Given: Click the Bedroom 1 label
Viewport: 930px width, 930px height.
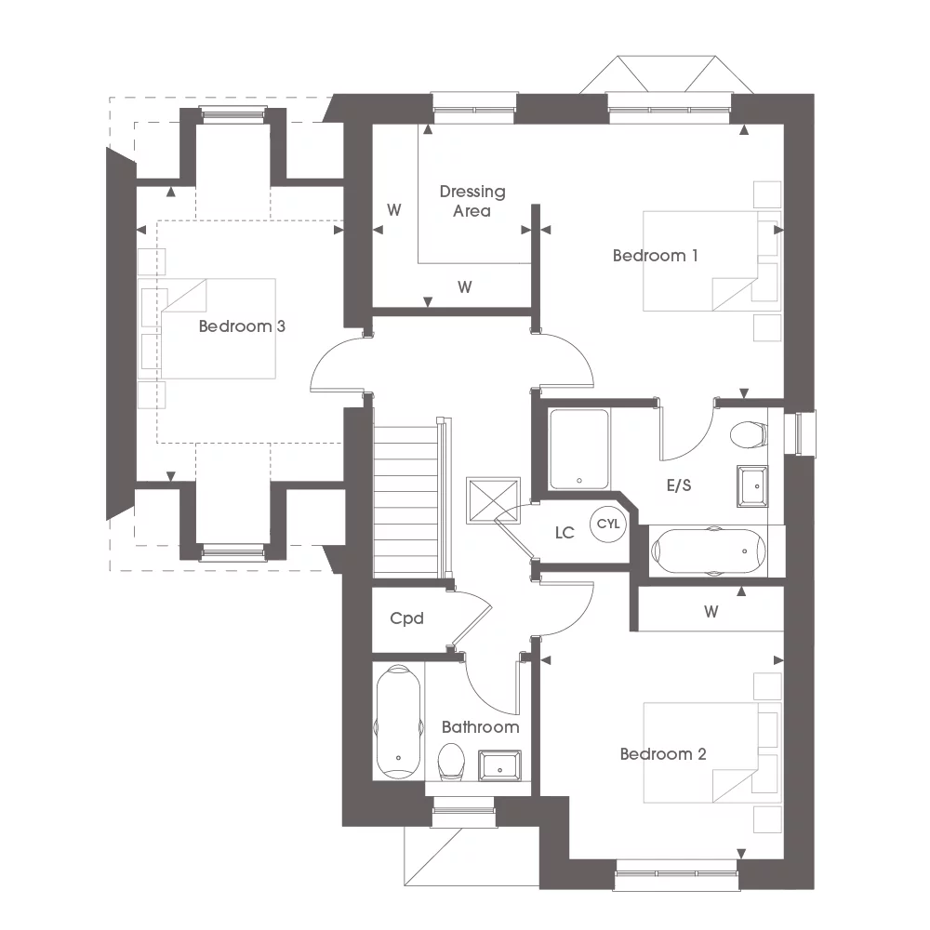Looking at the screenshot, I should point(655,256).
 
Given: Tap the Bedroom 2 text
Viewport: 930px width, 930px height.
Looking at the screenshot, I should point(663,754).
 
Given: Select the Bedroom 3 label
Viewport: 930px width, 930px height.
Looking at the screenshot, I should point(242,327).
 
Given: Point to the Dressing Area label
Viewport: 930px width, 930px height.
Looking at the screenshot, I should point(472,201).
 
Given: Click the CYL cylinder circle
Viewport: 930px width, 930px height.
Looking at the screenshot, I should point(607,525).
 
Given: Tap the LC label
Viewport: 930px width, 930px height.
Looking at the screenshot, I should point(565,533).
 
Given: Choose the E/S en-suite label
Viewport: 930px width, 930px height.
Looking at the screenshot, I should point(679,485).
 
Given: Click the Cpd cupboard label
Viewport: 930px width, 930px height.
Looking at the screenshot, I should point(406,618).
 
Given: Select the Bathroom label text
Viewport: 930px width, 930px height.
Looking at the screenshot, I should point(480,727).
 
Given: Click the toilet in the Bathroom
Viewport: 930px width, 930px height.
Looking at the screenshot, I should point(451,762).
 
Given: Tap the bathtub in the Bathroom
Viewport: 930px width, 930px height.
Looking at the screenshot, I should point(397,721).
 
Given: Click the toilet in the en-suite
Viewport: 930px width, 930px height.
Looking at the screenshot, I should point(748,435).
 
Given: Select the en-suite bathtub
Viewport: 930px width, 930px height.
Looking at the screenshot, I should point(710,551).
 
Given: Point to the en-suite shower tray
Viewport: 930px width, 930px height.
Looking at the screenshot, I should point(578,448).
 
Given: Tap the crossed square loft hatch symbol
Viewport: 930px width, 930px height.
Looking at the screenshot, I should point(493,502).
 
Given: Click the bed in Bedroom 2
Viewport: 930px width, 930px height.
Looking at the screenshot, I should point(702,752).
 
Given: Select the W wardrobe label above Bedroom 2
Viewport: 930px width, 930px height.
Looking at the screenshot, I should point(711,612).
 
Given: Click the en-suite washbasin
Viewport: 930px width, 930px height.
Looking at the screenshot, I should point(752,485).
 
